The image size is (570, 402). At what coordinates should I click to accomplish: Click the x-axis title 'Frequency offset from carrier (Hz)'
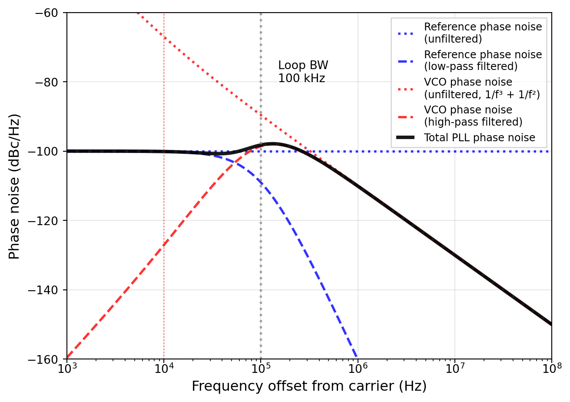pyautogui.click(x=309, y=386)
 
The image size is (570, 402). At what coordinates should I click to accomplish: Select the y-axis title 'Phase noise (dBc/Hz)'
pyautogui.click(x=14, y=186)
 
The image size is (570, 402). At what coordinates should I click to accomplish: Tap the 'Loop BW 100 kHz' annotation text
pyautogui.click(x=303, y=72)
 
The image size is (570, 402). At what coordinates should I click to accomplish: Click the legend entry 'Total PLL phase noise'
pyautogui.click(x=479, y=138)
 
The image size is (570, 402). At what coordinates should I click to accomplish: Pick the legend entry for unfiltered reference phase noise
pyautogui.click(x=483, y=33)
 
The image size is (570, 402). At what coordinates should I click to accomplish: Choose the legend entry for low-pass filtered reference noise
pyautogui.click(x=483, y=60)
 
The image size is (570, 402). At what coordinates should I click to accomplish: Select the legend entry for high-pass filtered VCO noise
pyautogui.click(x=473, y=116)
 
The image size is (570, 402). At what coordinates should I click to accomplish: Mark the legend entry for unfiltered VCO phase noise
pyautogui.click(x=481, y=88)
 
